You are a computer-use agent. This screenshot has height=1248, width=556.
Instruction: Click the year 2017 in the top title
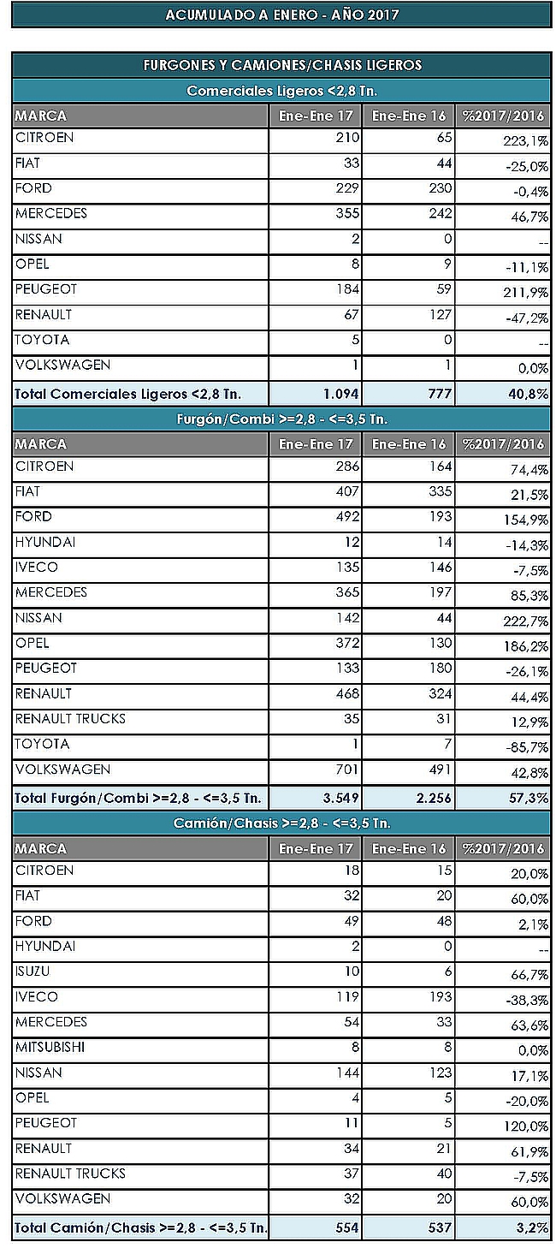(x=382, y=15)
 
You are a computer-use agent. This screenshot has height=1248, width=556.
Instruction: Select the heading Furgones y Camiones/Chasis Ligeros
(x=283, y=65)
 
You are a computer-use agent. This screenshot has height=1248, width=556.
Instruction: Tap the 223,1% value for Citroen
(x=526, y=141)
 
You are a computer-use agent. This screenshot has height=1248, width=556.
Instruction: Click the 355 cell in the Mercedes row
(x=348, y=213)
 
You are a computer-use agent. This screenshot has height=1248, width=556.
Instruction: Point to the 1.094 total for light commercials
(x=341, y=394)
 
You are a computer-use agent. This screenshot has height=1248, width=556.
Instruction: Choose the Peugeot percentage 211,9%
(x=526, y=293)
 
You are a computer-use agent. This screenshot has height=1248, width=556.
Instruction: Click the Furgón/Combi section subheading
(x=282, y=419)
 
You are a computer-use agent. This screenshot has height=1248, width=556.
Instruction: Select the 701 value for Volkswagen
(x=348, y=770)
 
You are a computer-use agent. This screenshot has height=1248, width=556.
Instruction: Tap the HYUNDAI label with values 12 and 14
(x=45, y=542)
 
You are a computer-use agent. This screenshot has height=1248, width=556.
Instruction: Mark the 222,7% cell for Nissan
(x=526, y=621)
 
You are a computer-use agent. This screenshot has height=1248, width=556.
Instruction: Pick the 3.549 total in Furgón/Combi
(x=341, y=798)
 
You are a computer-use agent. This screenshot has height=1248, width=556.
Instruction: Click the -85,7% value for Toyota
(x=527, y=747)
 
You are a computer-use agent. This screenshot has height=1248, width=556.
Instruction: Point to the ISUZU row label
(x=33, y=972)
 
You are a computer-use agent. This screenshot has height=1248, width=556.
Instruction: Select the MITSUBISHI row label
(x=50, y=1047)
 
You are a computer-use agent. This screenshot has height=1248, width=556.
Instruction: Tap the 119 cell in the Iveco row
(x=348, y=996)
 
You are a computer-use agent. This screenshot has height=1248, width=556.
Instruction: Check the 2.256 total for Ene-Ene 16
(x=434, y=798)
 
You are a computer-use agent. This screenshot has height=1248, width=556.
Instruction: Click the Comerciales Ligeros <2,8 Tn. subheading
(x=282, y=91)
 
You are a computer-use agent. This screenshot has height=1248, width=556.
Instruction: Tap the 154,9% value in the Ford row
(x=526, y=520)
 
